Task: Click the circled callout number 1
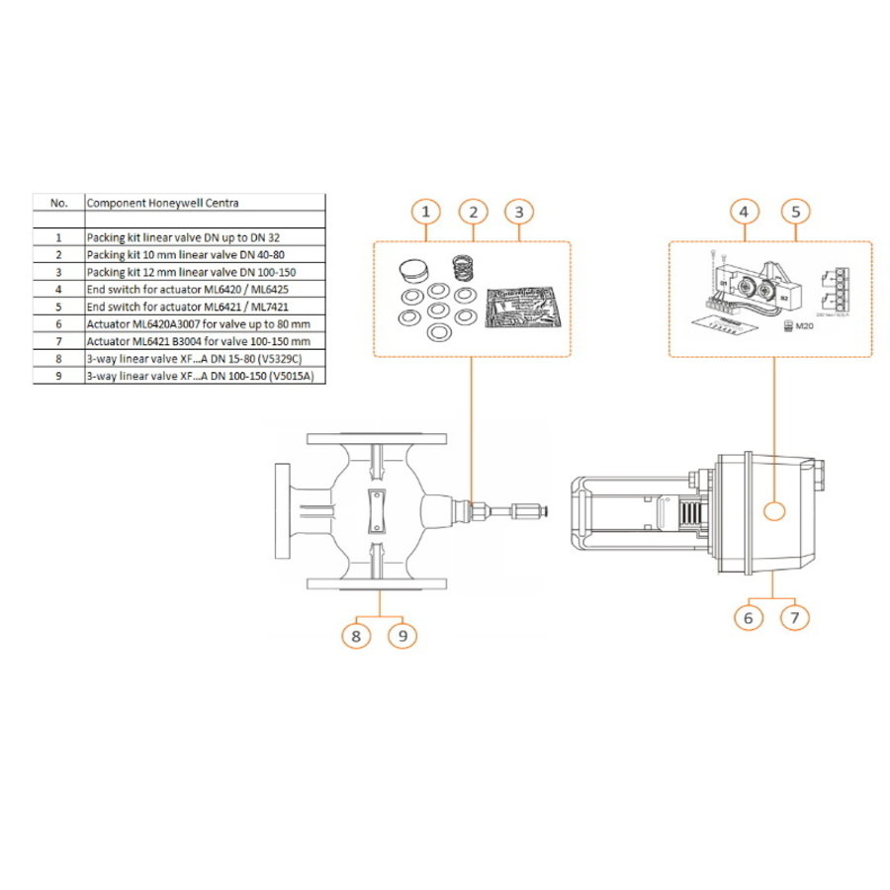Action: pyautogui.click(x=425, y=212)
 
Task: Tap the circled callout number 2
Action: pyautogui.click(x=474, y=212)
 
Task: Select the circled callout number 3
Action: pyautogui.click(x=519, y=212)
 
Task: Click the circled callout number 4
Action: pyautogui.click(x=746, y=212)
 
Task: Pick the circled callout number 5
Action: pyautogui.click(x=796, y=212)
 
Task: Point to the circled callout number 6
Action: pyautogui.click(x=749, y=617)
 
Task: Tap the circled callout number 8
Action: pyautogui.click(x=357, y=634)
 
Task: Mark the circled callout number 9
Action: pyautogui.click(x=402, y=634)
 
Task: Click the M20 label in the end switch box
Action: pyautogui.click(x=789, y=326)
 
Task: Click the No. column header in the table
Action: pyautogui.click(x=58, y=202)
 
